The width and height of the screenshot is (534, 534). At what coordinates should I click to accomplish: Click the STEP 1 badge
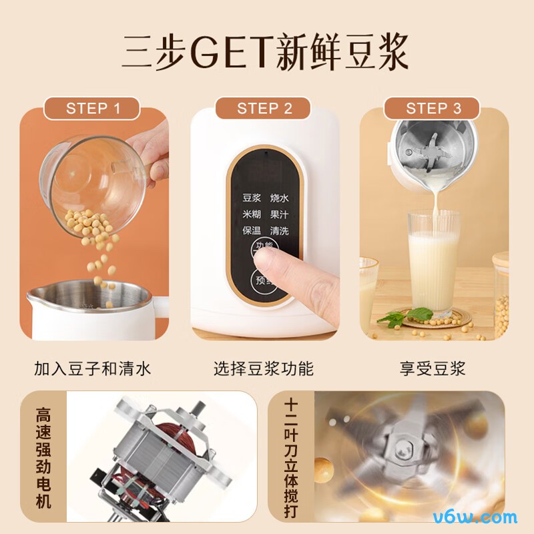click(93, 108)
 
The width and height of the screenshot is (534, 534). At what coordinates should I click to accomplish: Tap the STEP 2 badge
click(264, 109)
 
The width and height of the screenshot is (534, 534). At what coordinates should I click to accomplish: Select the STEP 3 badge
click(433, 108)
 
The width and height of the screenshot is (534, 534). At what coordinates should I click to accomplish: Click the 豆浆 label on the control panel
click(252, 199)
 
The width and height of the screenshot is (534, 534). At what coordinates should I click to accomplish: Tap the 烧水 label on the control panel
click(279, 199)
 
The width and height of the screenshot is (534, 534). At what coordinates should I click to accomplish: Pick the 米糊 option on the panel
click(252, 215)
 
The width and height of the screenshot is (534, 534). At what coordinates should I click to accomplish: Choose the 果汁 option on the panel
click(279, 215)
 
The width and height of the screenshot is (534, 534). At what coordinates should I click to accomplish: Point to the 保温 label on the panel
click(252, 231)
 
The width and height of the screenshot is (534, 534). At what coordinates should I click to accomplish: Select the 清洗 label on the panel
click(279, 231)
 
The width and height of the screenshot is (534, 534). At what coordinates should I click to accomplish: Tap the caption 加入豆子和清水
click(93, 368)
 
